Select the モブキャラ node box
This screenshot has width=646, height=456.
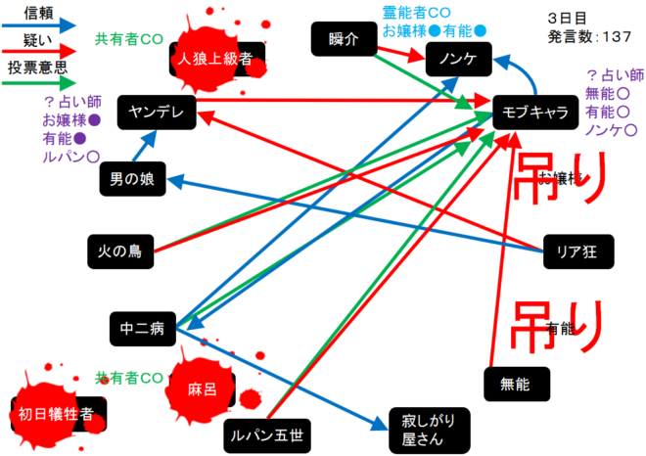(534, 112)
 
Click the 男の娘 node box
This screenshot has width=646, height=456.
(133, 178)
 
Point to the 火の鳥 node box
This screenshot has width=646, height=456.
(120, 251)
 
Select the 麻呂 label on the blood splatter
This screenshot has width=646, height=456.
(201, 388)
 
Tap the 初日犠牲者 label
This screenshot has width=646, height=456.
(56, 414)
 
